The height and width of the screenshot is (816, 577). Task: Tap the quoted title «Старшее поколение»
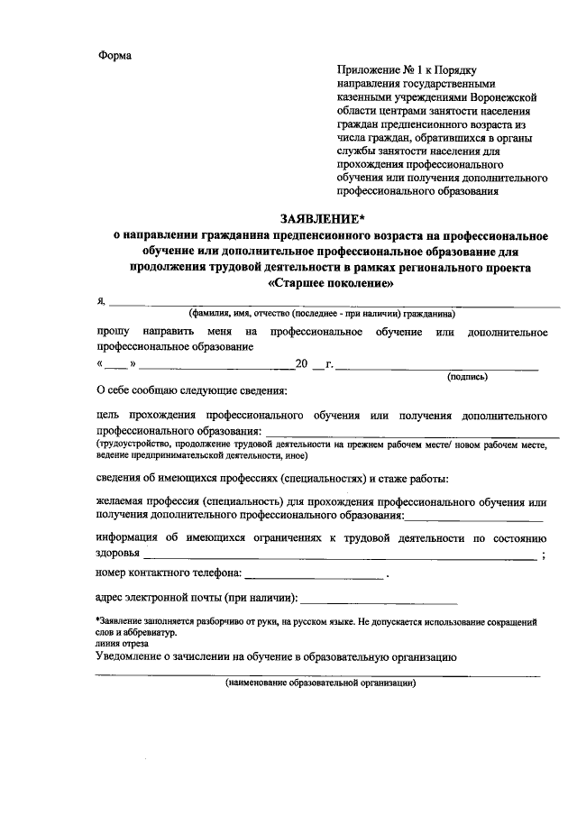(332, 282)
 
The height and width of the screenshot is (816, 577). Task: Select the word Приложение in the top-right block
(368, 69)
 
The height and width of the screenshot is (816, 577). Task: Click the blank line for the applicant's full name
(334, 306)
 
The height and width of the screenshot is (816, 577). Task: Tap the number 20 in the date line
(303, 364)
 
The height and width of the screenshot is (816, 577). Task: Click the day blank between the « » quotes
(116, 368)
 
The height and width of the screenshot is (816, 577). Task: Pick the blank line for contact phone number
(314, 576)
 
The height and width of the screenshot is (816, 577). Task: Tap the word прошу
(111, 333)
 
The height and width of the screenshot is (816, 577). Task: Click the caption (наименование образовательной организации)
(320, 683)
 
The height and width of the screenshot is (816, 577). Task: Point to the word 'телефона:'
(215, 573)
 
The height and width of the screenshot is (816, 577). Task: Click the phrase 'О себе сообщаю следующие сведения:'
(191, 391)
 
